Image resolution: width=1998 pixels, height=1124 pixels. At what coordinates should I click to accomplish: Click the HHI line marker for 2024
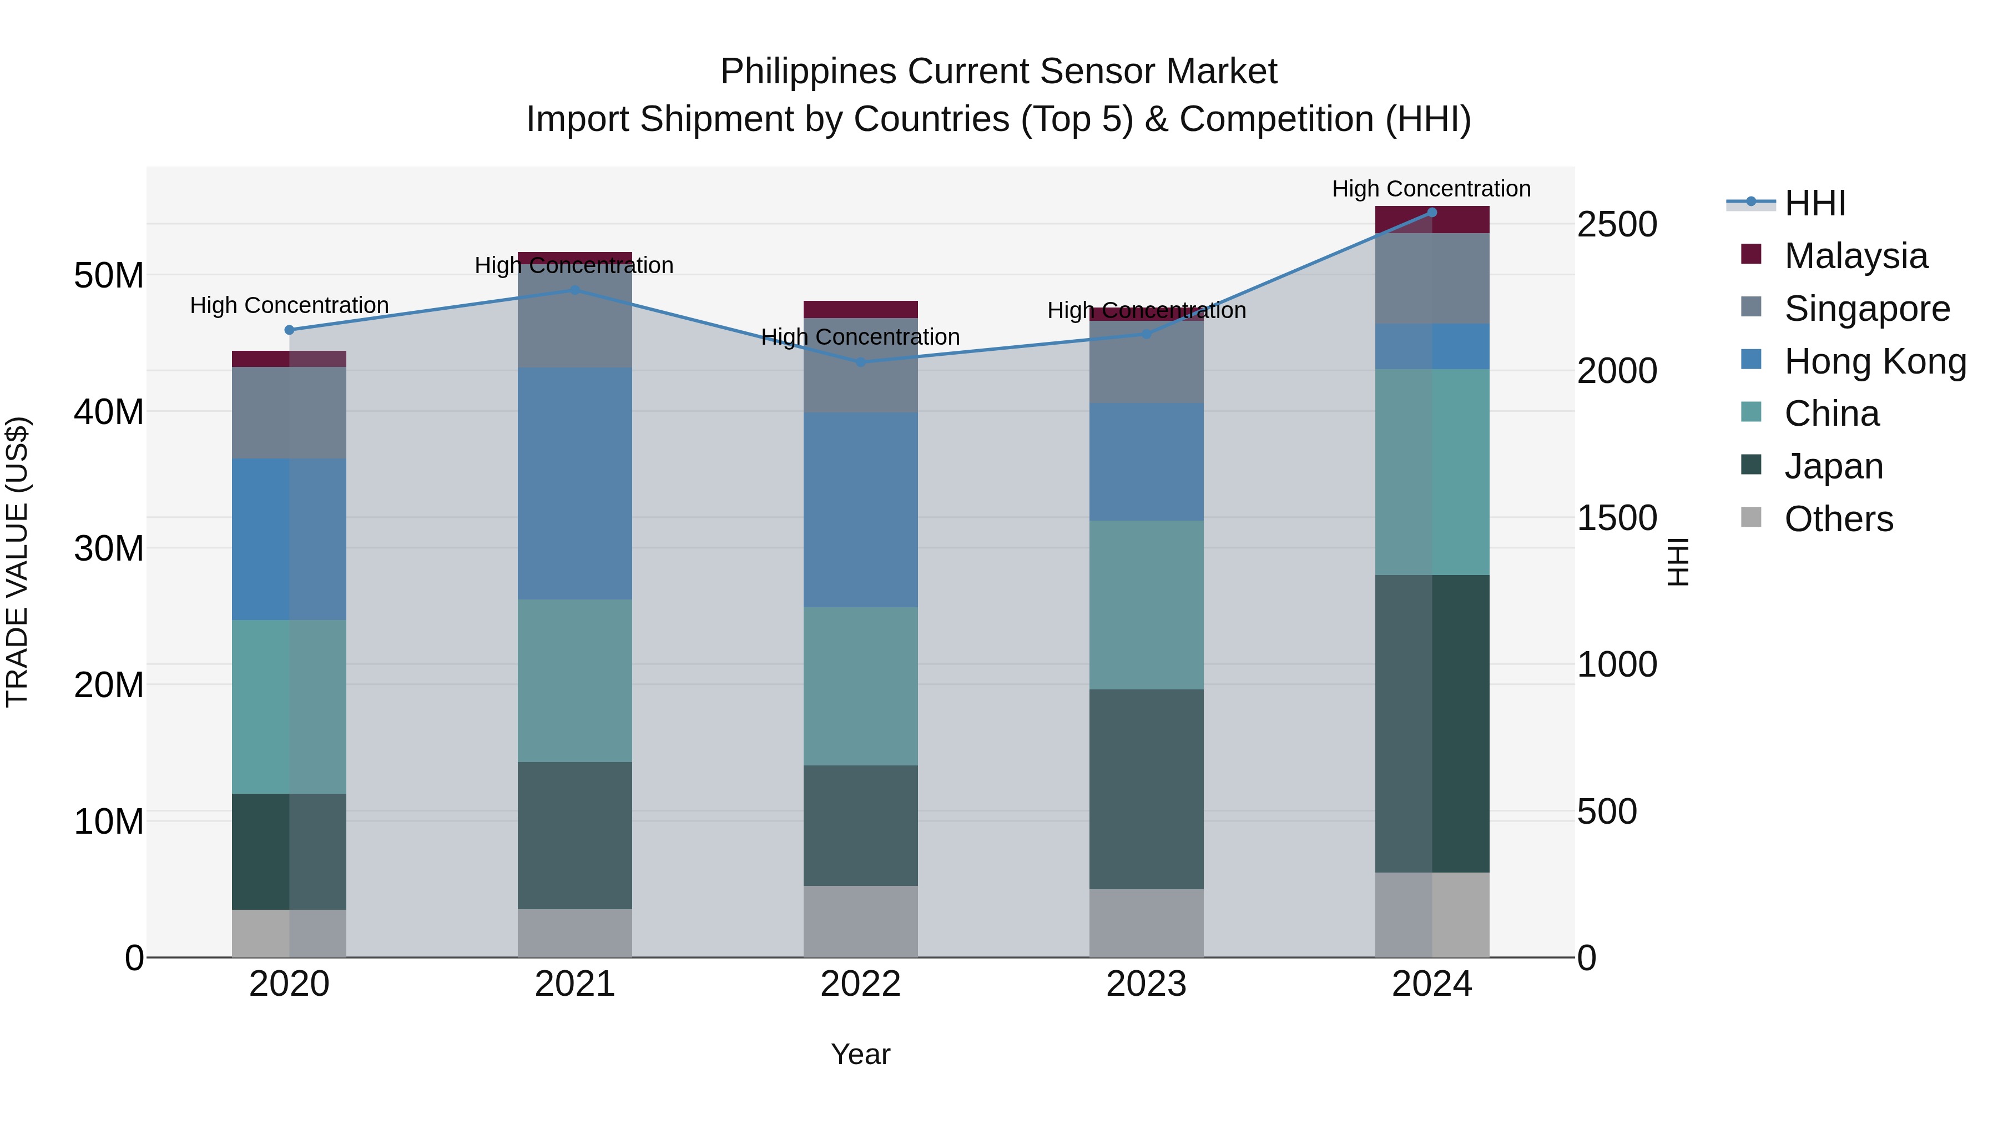coord(1432,213)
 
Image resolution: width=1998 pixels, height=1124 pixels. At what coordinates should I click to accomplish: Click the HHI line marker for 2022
coord(860,362)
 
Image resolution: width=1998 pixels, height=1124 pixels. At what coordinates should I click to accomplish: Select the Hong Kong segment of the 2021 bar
coord(575,483)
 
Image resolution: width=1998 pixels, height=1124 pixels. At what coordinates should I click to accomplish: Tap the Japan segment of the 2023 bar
coord(1147,789)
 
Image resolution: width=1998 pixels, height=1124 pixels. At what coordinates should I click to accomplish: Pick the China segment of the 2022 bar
coord(860,687)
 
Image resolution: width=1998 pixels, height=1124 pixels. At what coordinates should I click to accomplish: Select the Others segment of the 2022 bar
coord(860,921)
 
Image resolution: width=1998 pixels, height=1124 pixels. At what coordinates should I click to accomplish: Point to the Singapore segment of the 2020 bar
coord(289,412)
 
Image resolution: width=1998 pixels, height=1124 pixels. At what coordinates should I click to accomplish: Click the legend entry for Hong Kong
coord(1875,361)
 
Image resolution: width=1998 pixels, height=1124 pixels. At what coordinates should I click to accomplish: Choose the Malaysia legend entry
coord(1855,256)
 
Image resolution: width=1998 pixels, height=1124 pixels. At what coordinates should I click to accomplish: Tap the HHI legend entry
coord(1814,203)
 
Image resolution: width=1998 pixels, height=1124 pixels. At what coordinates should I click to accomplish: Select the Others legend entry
coord(1838,519)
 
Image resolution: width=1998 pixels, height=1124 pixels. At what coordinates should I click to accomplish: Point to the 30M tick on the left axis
coord(109,548)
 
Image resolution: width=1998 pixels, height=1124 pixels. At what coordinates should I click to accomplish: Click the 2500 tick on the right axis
coord(1617,224)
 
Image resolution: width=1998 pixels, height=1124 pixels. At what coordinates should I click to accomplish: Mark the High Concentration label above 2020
coord(289,306)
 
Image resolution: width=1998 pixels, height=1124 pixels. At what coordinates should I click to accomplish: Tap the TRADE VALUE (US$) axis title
coord(17,562)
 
